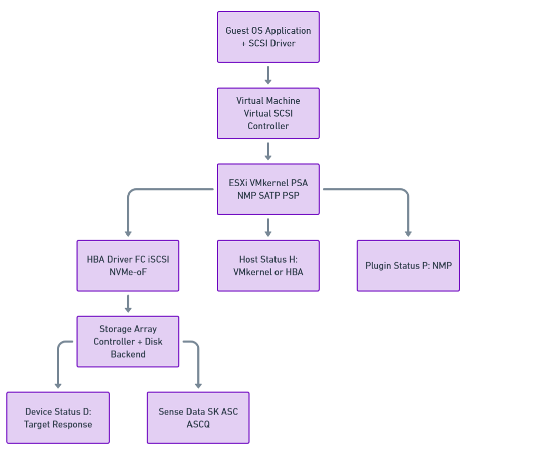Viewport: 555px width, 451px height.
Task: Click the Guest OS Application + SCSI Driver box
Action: click(x=268, y=37)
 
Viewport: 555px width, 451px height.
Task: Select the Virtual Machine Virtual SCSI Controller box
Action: click(x=268, y=113)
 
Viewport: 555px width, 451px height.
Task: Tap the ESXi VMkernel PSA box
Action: click(x=268, y=189)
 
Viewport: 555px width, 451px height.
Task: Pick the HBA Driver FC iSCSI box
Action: click(x=128, y=266)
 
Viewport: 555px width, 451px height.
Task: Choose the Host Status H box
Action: click(x=268, y=266)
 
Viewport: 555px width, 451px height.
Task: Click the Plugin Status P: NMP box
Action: click(x=408, y=266)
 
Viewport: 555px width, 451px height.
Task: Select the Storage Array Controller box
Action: click(x=128, y=341)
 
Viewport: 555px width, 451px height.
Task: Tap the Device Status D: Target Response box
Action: click(x=58, y=418)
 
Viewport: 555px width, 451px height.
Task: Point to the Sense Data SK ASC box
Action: click(x=198, y=418)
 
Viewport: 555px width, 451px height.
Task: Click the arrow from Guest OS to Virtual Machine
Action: click(x=268, y=75)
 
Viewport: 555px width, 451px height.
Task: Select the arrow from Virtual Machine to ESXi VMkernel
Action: click(x=268, y=151)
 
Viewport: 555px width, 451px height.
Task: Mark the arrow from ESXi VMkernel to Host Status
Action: click(x=268, y=227)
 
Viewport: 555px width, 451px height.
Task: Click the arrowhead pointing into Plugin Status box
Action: click(x=408, y=234)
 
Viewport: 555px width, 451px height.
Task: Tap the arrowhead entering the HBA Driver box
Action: click(x=128, y=234)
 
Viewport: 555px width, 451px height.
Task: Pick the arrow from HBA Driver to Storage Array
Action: click(x=128, y=303)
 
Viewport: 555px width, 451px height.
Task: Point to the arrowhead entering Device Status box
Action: click(x=58, y=386)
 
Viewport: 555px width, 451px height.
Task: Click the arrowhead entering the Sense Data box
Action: click(x=198, y=386)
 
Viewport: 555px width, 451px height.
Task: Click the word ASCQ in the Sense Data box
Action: click(x=198, y=424)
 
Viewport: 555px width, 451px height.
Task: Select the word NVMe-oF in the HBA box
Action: click(x=128, y=272)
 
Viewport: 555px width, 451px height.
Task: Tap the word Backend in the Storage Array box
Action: click(x=128, y=354)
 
